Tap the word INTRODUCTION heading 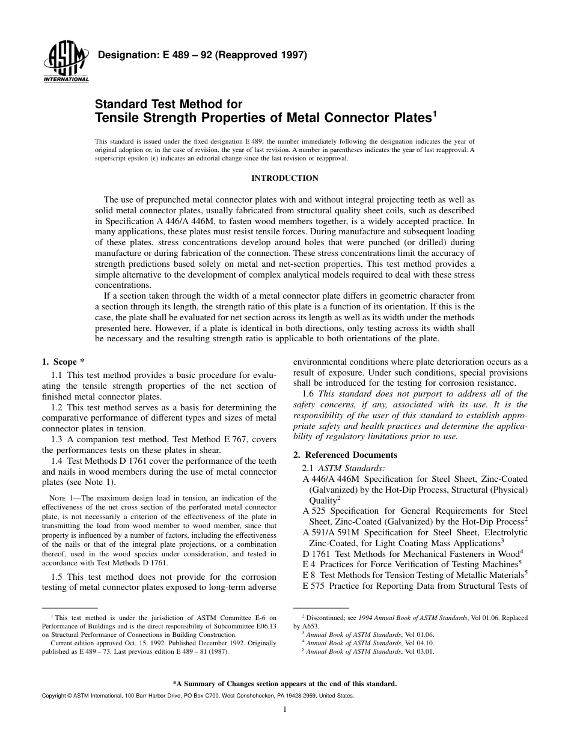pyautogui.click(x=284, y=178)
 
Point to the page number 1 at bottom pyautogui.click(x=285, y=710)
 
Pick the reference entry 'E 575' pyautogui.click(x=314, y=586)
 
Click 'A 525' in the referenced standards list pyautogui.click(x=314, y=511)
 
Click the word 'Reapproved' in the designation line pyautogui.click(x=240, y=55)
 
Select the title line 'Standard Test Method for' pyautogui.click(x=168, y=104)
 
